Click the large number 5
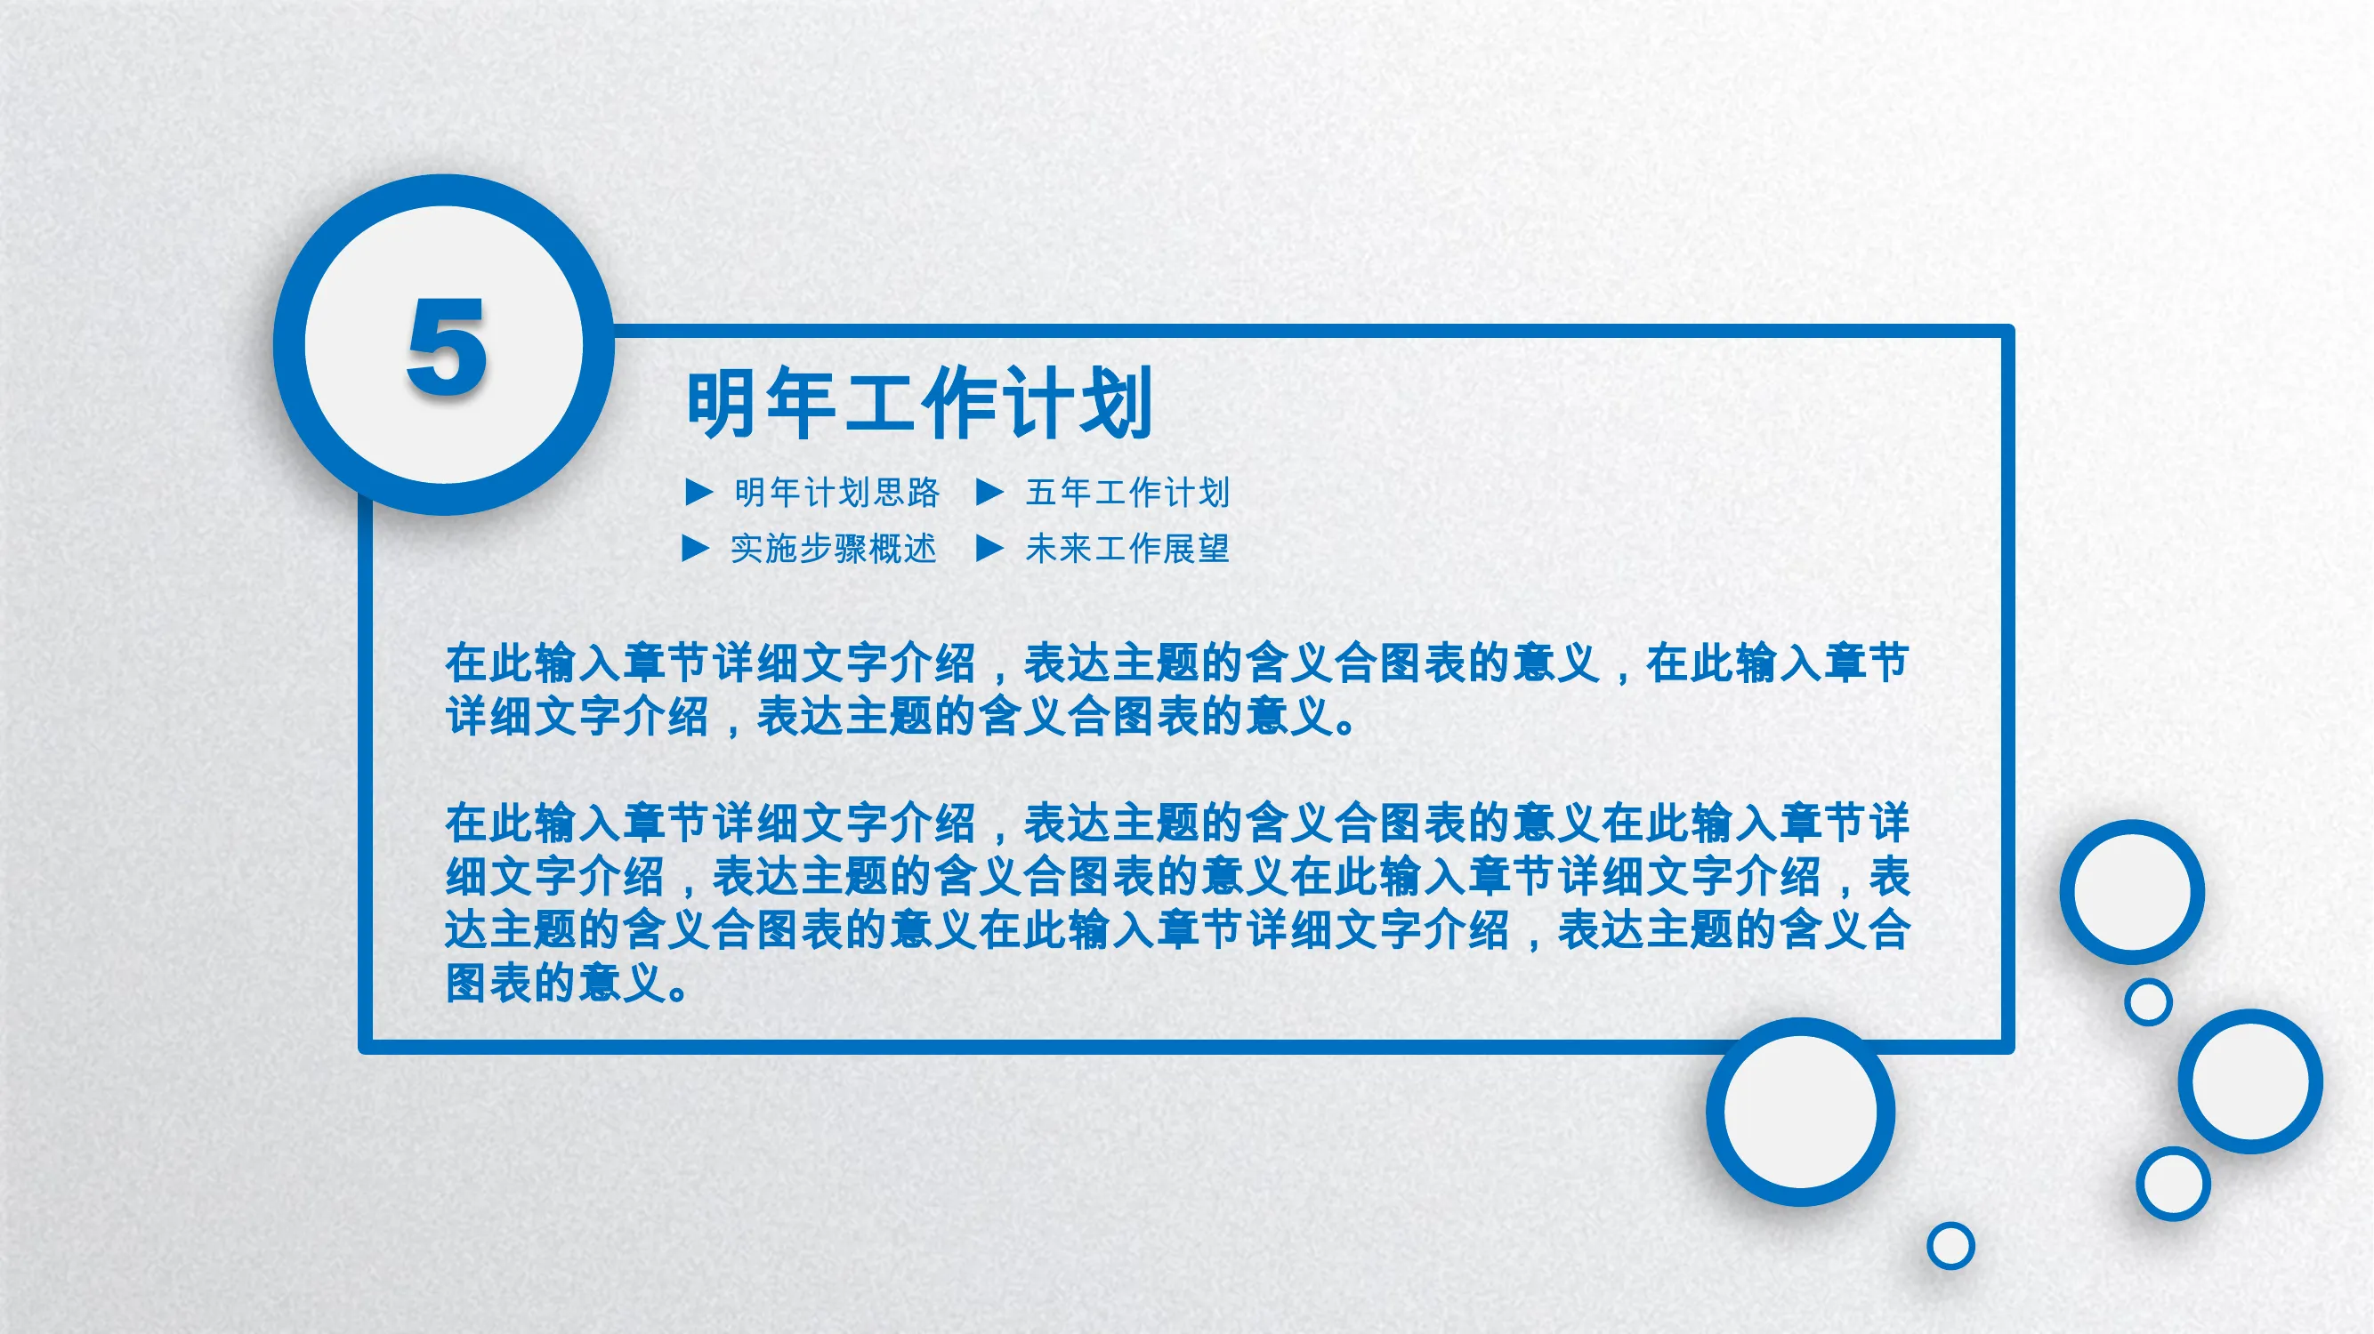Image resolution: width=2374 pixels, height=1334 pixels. [447, 347]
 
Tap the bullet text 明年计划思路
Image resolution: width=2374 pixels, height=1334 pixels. [836, 493]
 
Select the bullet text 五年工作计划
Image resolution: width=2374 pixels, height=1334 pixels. [1128, 493]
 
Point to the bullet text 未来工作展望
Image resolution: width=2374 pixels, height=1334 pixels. [1128, 549]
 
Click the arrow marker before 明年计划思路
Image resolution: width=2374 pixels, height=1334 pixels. [699, 493]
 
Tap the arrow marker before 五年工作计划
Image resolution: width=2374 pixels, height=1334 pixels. [989, 493]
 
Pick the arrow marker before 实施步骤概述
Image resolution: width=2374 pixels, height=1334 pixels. [695, 549]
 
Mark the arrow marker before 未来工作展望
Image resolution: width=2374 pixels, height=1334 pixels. [989, 549]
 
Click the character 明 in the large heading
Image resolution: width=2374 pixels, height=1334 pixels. [723, 403]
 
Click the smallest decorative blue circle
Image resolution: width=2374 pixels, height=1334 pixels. [1950, 1247]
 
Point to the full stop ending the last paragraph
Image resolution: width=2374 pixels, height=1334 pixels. [677, 993]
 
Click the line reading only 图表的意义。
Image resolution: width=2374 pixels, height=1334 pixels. [568, 983]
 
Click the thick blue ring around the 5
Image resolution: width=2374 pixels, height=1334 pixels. [289, 344]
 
